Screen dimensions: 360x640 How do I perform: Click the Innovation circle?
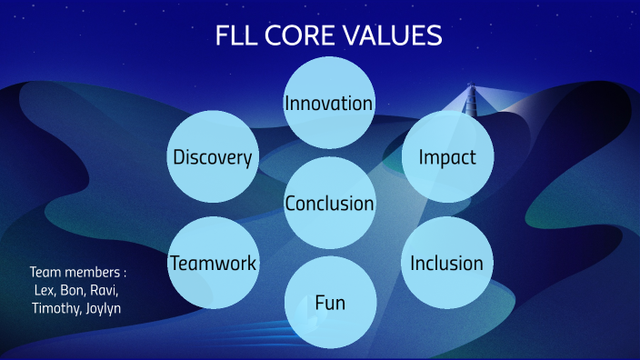point(328,103)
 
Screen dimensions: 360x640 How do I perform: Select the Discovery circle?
point(213,157)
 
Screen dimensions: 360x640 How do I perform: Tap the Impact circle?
point(447,156)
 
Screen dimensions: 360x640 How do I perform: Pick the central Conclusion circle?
point(329,203)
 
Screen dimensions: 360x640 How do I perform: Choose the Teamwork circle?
point(213,264)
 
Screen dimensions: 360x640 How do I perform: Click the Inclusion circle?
point(446,264)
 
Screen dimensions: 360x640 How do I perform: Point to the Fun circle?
point(329,301)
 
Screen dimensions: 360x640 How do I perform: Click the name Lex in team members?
point(44,289)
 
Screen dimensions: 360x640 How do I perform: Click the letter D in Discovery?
point(179,157)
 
